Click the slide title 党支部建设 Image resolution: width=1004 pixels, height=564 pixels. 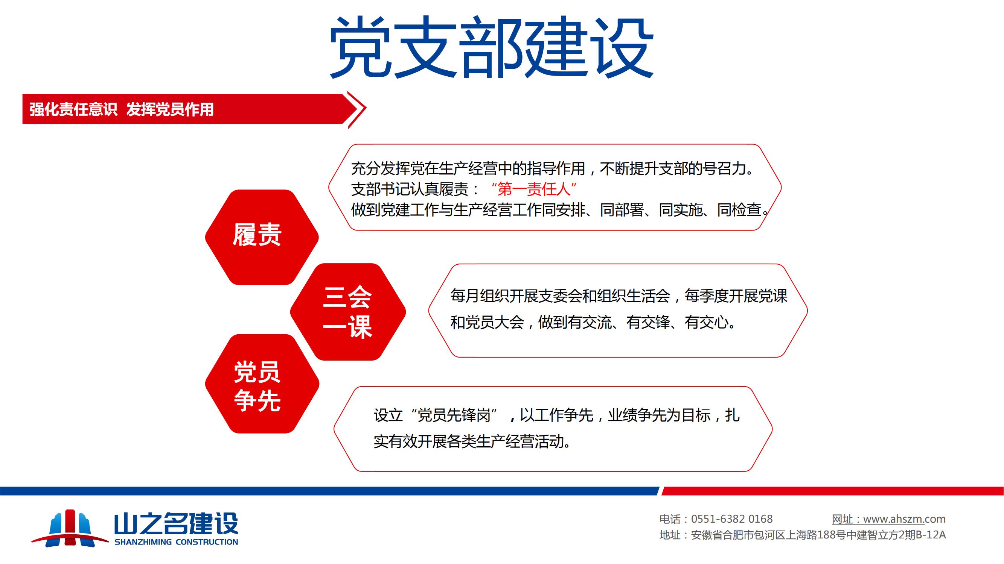[x=492, y=47]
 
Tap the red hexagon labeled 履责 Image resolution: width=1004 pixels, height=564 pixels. [x=262, y=237]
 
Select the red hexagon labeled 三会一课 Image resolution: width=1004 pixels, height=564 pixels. [x=348, y=312]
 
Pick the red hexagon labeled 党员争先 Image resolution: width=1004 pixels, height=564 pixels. [x=262, y=384]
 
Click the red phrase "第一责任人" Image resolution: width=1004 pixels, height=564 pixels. [x=534, y=189]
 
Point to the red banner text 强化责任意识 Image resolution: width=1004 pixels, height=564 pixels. [x=73, y=109]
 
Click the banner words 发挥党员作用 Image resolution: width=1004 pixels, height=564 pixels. [x=170, y=109]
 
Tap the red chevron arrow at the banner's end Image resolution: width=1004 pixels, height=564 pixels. [x=356, y=110]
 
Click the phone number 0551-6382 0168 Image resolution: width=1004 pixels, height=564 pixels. [x=731, y=519]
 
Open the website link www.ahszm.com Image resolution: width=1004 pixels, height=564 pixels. [x=904, y=519]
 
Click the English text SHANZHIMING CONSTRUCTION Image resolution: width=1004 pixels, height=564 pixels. [x=176, y=542]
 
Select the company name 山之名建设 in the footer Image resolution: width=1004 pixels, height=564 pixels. [x=176, y=523]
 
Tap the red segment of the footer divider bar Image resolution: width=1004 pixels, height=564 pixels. [x=832, y=491]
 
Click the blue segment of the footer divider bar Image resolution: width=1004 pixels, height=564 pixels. [x=329, y=491]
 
